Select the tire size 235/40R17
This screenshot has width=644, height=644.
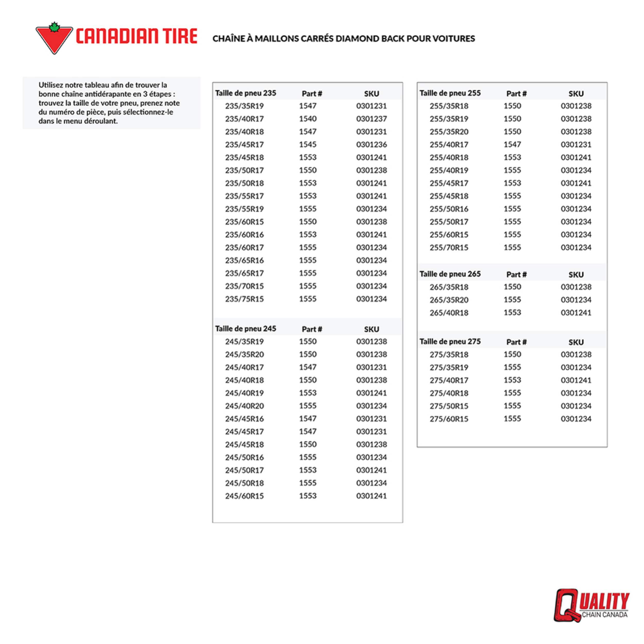tap(244, 119)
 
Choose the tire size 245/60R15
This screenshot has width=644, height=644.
tap(244, 496)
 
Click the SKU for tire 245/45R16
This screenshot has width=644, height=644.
tap(371, 419)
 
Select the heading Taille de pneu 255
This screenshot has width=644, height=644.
tap(450, 93)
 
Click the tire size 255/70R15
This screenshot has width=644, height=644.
tap(449, 248)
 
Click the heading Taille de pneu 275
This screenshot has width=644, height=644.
tap(450, 342)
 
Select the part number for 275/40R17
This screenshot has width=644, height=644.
tap(512, 380)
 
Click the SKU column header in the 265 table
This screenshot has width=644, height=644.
tap(576, 275)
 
